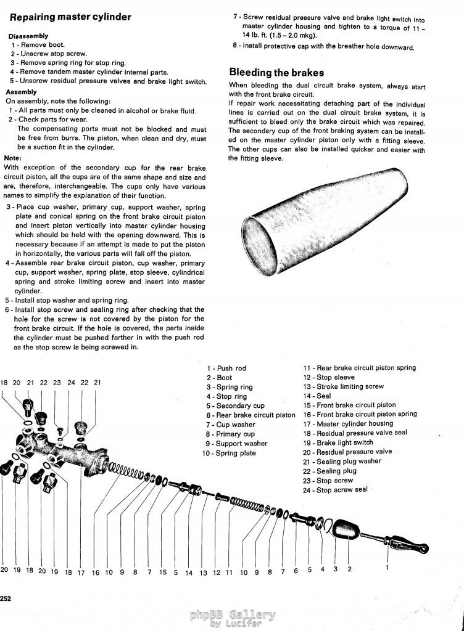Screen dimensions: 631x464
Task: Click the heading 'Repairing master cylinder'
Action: pyautogui.click(x=70, y=17)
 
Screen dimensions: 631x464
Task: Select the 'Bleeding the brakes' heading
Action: pyautogui.click(x=276, y=72)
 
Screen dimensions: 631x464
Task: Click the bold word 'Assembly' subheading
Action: pyautogui.click(x=21, y=92)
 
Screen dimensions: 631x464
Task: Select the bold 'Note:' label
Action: pyautogui.click(x=13, y=158)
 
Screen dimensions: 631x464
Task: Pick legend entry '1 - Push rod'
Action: pyautogui.click(x=226, y=368)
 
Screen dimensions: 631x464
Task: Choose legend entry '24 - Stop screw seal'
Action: pyautogui.click(x=335, y=490)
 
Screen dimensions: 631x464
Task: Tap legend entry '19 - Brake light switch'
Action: pyautogui.click(x=338, y=442)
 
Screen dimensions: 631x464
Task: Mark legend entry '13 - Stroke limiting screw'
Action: pyautogui.click(x=343, y=387)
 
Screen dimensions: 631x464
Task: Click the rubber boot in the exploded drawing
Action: pyautogui.click(x=345, y=530)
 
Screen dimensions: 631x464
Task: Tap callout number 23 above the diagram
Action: pyautogui.click(x=57, y=383)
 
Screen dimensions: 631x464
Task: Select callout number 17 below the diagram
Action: pyautogui.click(x=81, y=572)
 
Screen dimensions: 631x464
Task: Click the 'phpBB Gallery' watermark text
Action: pyautogui.click(x=233, y=614)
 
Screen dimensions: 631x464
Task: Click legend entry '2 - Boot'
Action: pyautogui.click(x=220, y=378)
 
